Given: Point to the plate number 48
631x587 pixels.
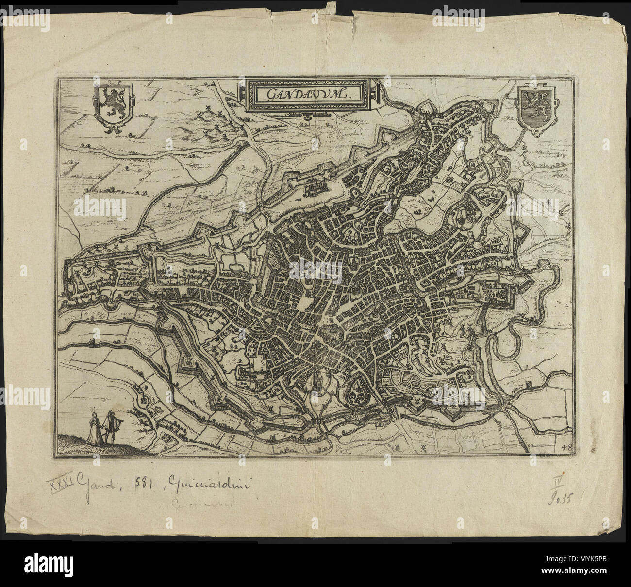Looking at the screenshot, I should pos(565,447).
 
